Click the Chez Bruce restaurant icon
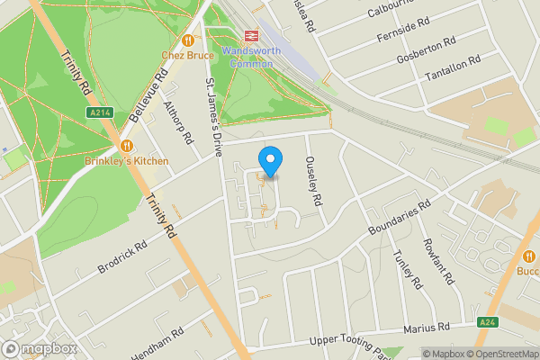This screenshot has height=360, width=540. (x=187, y=40)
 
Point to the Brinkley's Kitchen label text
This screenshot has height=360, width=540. (x=139, y=161)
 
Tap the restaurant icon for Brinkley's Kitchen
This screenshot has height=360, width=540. (x=126, y=146)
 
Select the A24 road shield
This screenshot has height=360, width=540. (x=487, y=321)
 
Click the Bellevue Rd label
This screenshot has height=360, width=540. (x=150, y=99)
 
